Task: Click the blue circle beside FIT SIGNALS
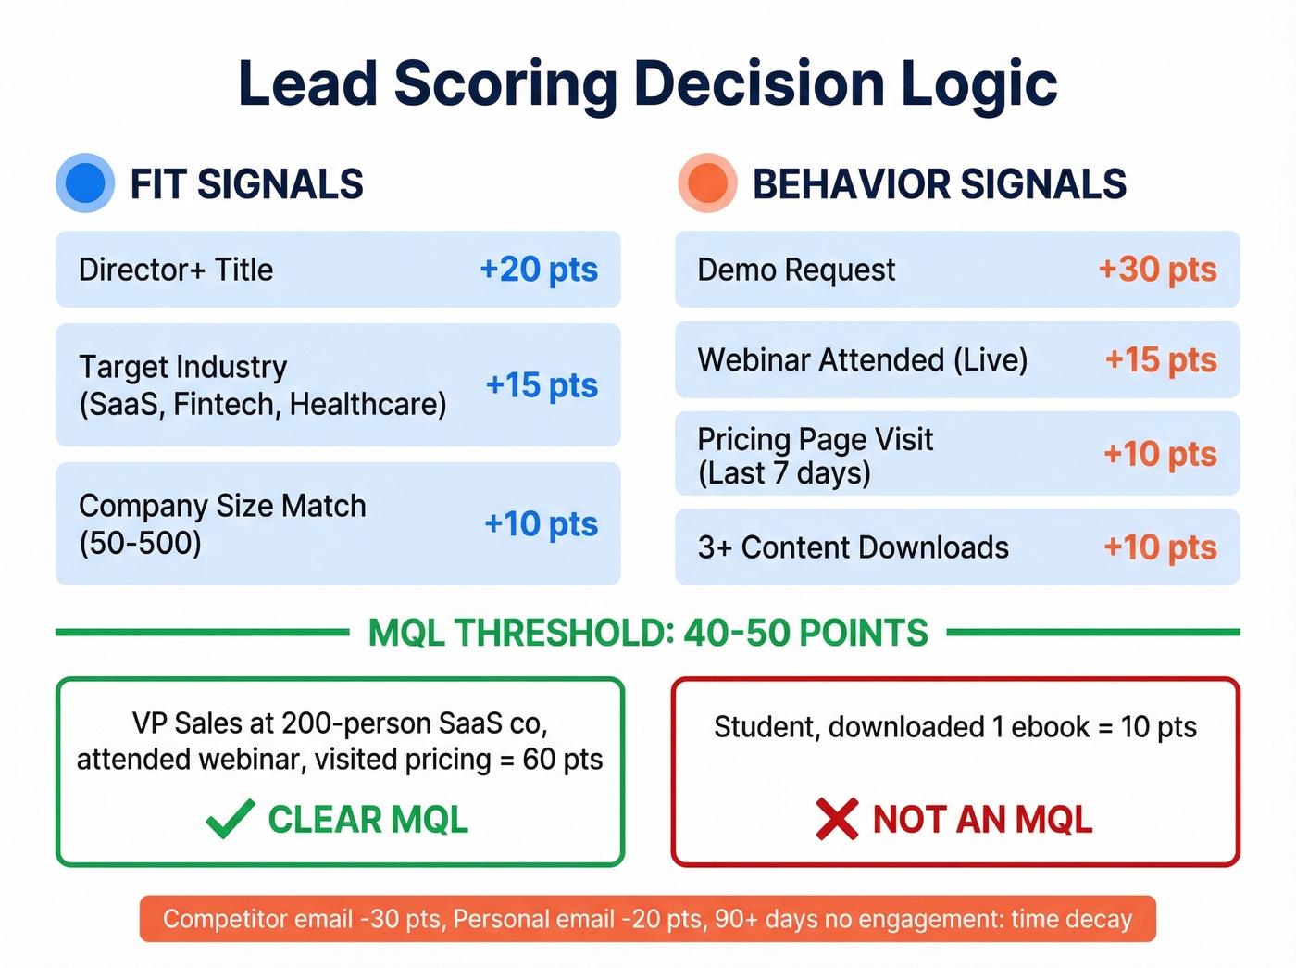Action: coord(85,182)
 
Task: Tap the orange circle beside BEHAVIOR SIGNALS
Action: coord(707,182)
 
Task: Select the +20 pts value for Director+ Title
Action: coord(538,270)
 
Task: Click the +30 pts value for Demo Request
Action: coord(1156,270)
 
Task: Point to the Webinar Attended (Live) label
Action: coord(862,359)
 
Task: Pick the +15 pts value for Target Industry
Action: coord(542,384)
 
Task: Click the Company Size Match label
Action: coord(222,507)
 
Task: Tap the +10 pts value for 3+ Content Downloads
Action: coord(1159,547)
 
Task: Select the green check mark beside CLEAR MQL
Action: coord(230,819)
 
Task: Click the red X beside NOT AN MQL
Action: coord(837,819)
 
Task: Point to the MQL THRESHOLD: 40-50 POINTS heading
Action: coord(648,633)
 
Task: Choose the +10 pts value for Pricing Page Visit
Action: coord(1159,454)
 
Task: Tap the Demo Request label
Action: coord(796,270)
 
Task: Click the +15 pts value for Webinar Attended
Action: coord(1160,359)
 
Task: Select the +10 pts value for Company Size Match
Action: coord(541,524)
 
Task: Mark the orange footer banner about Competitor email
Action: coord(648,919)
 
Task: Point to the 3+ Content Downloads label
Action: coord(853,547)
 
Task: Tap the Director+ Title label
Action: coord(176,270)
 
